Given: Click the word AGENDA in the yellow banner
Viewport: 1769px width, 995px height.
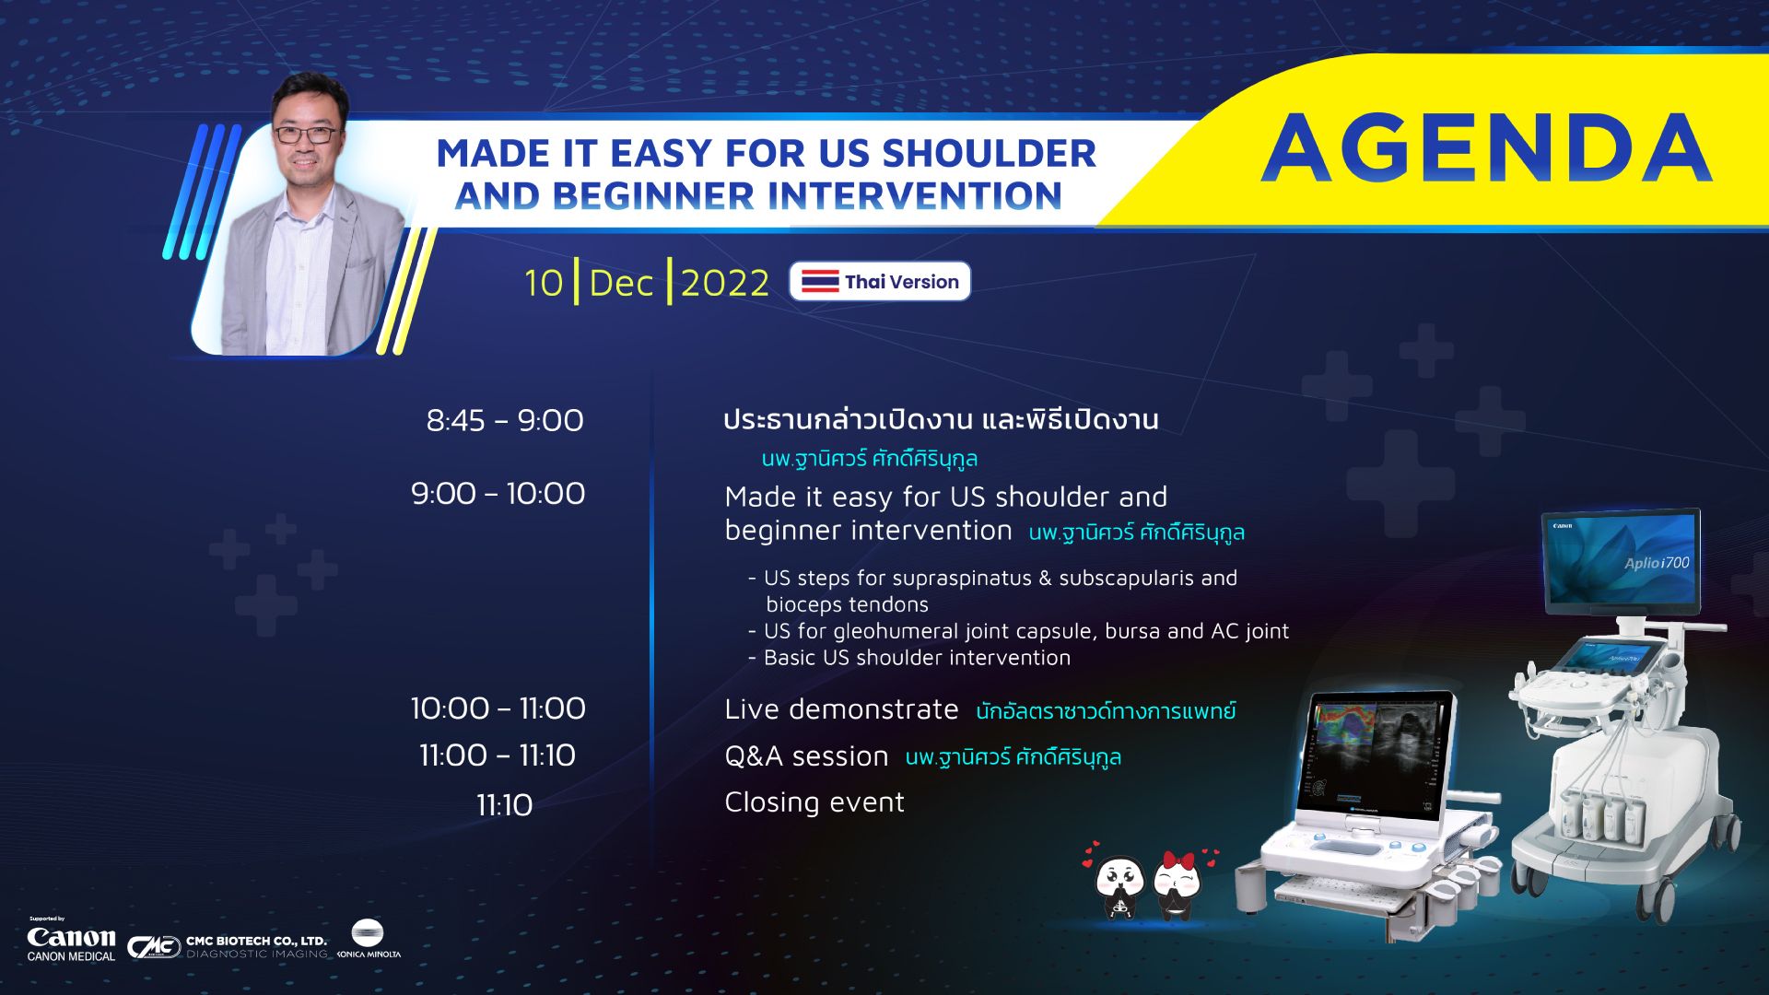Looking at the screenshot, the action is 1486,147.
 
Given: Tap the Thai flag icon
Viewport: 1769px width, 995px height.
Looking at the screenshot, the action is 820,281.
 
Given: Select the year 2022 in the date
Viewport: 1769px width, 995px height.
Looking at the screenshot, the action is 725,283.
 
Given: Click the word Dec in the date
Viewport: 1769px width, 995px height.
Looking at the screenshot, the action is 621,283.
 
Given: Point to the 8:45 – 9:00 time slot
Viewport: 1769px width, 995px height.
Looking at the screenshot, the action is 505,420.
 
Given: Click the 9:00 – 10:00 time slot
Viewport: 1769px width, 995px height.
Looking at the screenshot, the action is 498,493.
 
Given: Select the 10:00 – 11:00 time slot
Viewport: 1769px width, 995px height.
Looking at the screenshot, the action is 498,708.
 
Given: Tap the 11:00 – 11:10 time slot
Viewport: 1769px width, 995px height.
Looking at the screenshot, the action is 498,755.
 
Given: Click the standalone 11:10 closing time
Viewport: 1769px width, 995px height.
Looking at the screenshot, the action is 505,805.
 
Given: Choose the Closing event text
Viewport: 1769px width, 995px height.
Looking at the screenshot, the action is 814,802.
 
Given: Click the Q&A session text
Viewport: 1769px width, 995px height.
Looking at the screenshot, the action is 806,755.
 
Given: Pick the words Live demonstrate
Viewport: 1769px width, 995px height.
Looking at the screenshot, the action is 841,708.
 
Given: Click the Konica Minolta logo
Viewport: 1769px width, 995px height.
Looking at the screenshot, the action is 368,939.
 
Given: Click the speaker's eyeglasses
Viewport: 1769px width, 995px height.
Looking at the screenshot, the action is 306,135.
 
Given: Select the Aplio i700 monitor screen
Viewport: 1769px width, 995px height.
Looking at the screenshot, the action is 1621,558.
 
